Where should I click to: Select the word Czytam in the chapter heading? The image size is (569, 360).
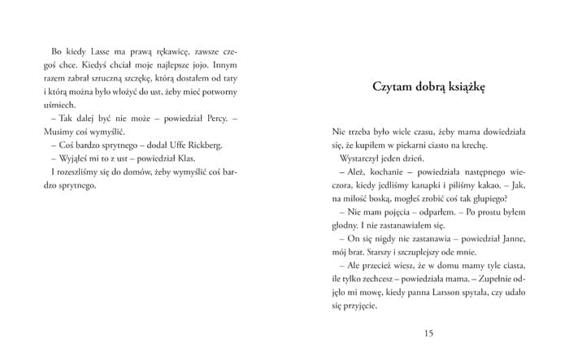click(x=391, y=85)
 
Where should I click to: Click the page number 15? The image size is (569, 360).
click(x=429, y=332)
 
